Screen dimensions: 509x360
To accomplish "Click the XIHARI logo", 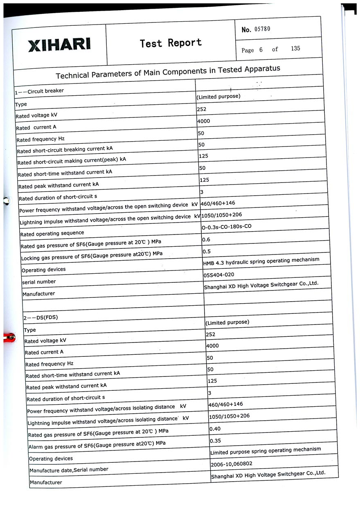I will click(59, 45).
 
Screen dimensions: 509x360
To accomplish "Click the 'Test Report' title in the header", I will click(171, 43).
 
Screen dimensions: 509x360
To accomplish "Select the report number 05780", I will click(262, 29).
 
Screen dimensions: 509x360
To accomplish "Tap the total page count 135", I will click(295, 48).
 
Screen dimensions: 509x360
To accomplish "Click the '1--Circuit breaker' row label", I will click(39, 91).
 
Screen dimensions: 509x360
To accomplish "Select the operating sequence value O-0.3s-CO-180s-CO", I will click(226, 226).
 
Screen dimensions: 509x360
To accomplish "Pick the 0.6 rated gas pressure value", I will click(206, 240).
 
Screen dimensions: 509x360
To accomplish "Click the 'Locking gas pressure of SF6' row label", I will click(92, 256).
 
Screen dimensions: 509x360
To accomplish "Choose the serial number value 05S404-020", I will click(219, 275).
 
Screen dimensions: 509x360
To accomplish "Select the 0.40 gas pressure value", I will click(215, 429).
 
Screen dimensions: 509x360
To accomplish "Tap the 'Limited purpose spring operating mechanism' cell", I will click(265, 451).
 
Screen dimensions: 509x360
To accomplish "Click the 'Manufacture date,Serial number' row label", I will click(69, 470).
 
